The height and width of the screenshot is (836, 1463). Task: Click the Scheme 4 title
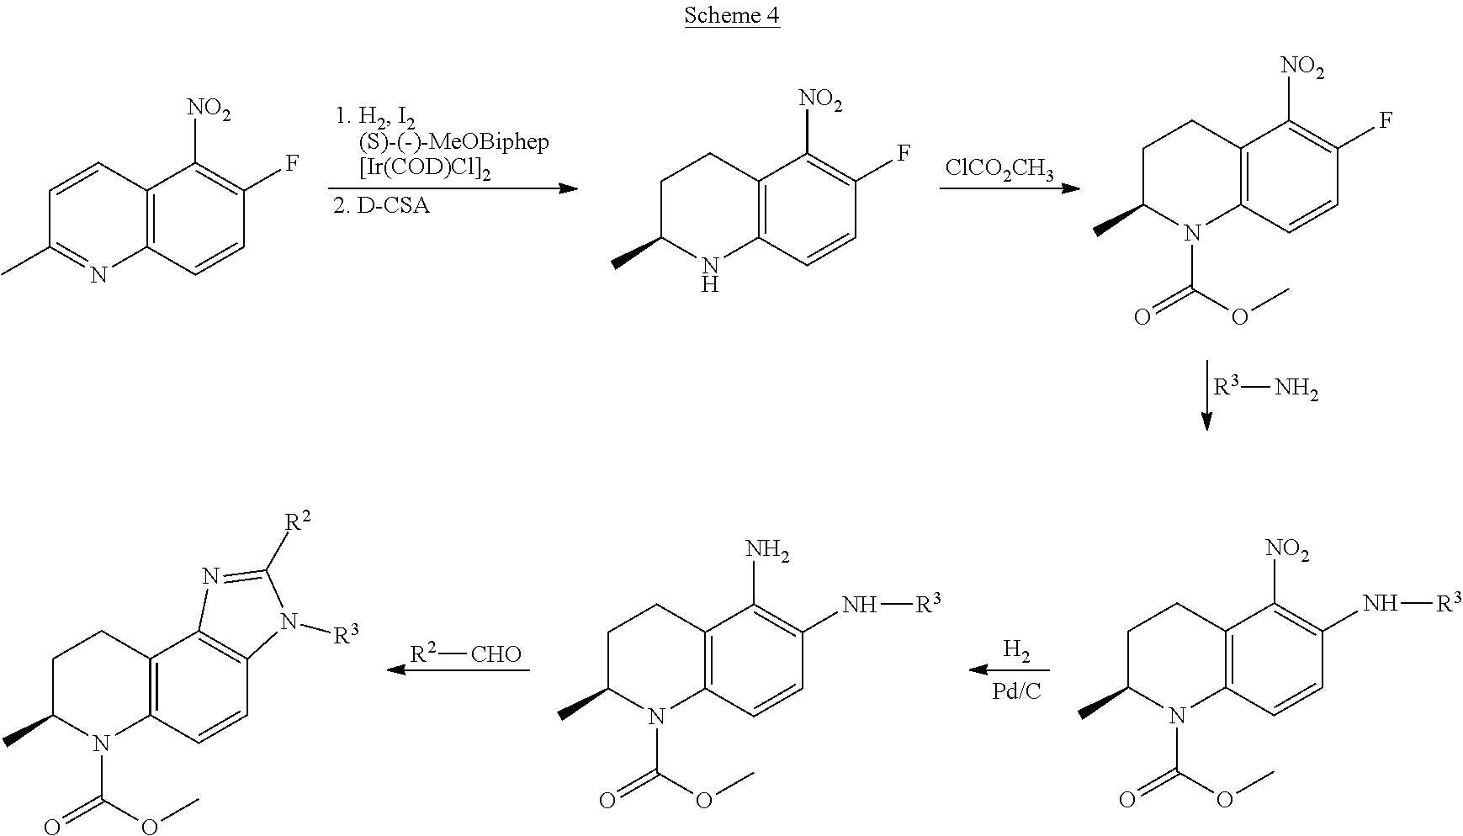[731, 15]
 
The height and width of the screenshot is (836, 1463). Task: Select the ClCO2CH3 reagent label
[999, 168]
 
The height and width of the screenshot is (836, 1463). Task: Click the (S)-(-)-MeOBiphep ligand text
[453, 141]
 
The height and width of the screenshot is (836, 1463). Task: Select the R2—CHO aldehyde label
[466, 653]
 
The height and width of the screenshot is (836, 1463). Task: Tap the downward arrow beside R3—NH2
[1206, 394]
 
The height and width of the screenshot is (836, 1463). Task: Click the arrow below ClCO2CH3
[1010, 188]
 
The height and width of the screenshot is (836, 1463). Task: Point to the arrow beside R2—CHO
[458, 670]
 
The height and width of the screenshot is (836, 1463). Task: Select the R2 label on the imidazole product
[296, 522]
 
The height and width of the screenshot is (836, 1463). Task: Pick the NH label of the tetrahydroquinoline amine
[709, 276]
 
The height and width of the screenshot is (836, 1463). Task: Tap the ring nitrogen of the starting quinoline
[98, 274]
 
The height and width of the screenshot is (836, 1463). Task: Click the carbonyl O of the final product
[51, 825]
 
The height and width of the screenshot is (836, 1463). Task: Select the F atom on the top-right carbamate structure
[1384, 119]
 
